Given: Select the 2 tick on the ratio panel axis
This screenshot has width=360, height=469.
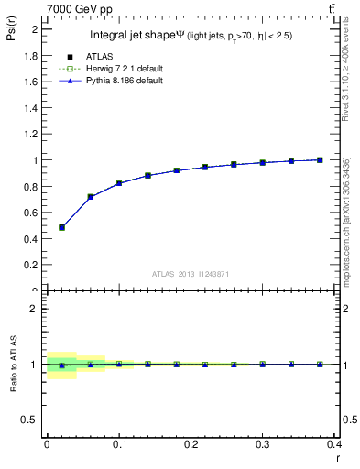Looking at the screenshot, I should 36,309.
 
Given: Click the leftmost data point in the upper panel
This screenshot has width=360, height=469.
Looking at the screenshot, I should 61,227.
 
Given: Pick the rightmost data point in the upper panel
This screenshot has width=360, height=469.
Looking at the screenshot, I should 320,159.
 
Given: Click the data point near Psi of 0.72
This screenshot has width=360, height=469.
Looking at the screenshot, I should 91,196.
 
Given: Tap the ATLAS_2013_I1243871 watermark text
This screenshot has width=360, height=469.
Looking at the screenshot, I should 191,274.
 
